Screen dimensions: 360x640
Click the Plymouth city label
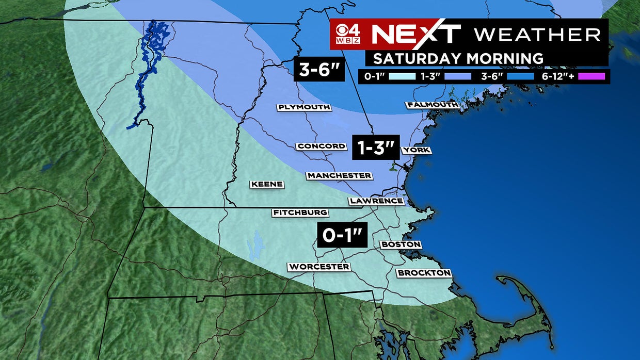pos(303,107)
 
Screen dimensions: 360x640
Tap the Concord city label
pos(321,146)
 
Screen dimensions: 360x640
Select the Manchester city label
pos(339,176)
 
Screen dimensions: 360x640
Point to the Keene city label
pos(267,184)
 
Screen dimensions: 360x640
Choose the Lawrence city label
pos(376,201)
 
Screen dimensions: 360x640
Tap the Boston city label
pos(401,244)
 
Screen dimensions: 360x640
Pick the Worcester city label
pos(319,267)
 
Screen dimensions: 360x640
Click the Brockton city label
pos(424,273)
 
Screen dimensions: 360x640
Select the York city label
pos(417,150)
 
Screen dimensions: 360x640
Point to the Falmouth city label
pos(433,105)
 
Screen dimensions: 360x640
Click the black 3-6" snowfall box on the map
pos(319,69)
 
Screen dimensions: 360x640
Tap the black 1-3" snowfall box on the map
pos(376,149)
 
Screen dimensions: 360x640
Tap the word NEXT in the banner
pos(415,34)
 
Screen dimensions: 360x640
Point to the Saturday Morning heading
pos(458,58)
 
